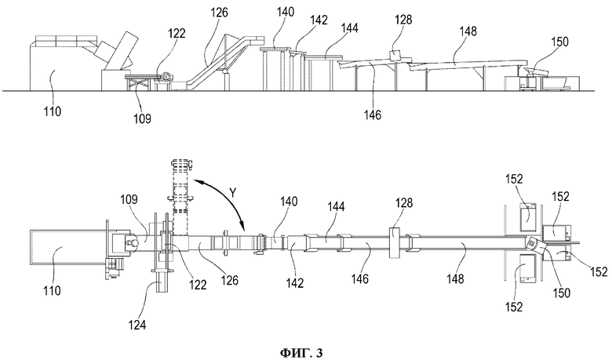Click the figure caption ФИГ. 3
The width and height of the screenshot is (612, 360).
click(301, 353)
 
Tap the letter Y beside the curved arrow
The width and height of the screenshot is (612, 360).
click(233, 192)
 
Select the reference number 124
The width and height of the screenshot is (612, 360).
click(137, 324)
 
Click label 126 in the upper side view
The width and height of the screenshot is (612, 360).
click(220, 13)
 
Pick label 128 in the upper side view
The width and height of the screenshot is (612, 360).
click(403, 19)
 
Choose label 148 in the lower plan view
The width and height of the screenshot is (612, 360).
click(456, 278)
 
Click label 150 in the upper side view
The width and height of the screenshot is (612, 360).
click(559, 42)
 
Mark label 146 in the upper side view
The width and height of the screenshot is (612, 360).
click(373, 115)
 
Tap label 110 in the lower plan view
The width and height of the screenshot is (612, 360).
click(52, 290)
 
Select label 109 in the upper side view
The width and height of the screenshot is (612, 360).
click(142, 118)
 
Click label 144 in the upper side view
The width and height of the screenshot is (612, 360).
click(349, 27)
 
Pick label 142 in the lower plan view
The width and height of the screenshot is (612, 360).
click(295, 283)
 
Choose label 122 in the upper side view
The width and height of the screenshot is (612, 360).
click(177, 33)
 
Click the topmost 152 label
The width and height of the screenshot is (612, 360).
click(514, 179)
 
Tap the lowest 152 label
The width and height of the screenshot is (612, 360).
click(514, 307)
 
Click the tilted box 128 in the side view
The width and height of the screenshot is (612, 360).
click(395, 56)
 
